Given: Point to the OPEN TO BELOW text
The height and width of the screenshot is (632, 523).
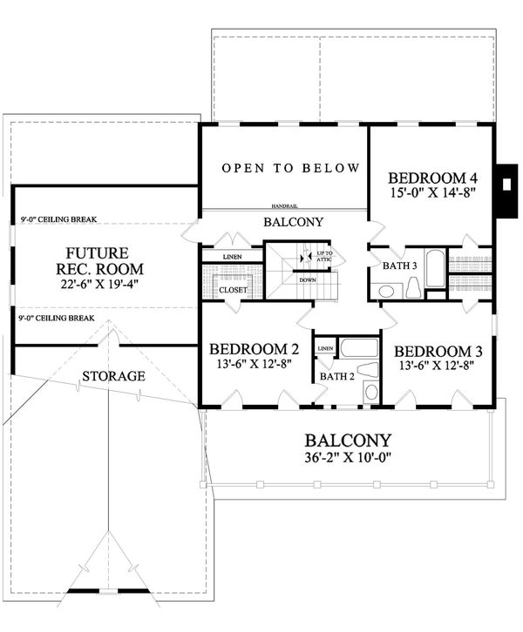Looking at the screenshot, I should tap(290, 167).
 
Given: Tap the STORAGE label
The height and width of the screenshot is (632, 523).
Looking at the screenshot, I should tap(113, 376).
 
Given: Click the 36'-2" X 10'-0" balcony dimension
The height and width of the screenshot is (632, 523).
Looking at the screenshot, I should tap(347, 461).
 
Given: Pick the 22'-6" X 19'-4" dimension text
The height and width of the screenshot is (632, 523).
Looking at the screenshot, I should tap(78, 283).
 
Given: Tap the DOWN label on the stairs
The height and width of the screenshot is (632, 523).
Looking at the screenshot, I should tap(308, 280).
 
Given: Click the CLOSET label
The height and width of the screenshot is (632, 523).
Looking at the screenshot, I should tap(234, 289).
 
